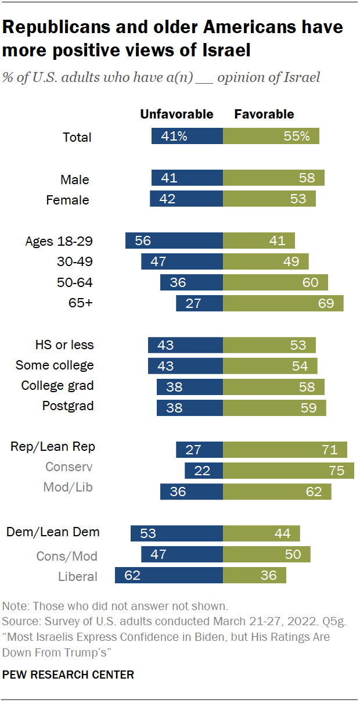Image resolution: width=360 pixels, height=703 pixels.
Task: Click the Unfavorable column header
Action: tap(177, 114)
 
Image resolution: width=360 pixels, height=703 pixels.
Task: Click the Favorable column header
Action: tap(264, 114)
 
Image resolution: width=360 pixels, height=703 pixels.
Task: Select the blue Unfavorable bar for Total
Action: tap(187, 137)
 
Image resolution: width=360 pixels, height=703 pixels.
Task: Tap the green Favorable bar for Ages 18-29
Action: tap(259, 241)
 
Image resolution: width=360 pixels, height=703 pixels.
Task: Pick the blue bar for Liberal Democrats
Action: tap(169, 576)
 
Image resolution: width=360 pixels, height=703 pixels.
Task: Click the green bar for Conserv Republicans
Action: tap(289, 471)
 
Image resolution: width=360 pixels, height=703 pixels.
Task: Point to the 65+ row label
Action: tap(81, 303)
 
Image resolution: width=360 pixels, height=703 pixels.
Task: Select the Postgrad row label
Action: tap(68, 406)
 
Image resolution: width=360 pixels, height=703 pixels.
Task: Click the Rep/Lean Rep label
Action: tap(53, 447)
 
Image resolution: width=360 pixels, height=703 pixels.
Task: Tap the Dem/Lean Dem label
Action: tap(53, 532)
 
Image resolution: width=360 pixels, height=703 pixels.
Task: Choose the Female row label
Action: tap(68, 200)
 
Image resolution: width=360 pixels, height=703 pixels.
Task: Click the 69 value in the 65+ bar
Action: tap(329, 303)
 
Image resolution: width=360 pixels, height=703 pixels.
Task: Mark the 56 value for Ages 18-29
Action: tap(143, 241)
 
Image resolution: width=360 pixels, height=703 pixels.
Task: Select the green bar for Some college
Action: tap(270, 365)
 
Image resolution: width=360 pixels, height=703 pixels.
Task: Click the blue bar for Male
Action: tap(187, 178)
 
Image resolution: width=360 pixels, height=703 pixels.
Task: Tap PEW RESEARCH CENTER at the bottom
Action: tap(68, 675)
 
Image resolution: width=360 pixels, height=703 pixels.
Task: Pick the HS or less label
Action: tap(64, 345)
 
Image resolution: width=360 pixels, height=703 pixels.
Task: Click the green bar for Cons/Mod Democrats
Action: tap(267, 554)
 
